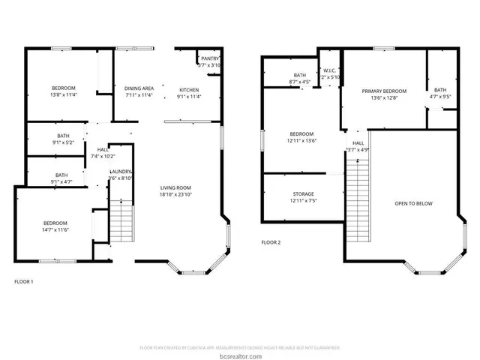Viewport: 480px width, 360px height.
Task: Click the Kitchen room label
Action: click(x=187, y=92)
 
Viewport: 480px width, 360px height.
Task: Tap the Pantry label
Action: click(x=209, y=61)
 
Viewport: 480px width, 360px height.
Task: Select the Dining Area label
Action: click(x=139, y=92)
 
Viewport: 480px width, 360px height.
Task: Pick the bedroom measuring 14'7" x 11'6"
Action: click(x=55, y=227)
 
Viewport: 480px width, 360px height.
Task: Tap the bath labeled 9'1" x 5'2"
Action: click(x=55, y=139)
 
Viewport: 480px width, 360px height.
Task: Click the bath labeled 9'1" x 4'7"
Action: click(x=55, y=178)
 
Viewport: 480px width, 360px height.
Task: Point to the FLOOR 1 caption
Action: click(x=24, y=281)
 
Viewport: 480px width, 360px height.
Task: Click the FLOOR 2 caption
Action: click(x=271, y=242)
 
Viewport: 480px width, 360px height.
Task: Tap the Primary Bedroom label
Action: click(x=383, y=94)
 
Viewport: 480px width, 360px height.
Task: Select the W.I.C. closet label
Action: click(x=330, y=73)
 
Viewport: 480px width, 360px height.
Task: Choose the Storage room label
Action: click(x=302, y=198)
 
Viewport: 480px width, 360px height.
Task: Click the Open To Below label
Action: click(x=414, y=203)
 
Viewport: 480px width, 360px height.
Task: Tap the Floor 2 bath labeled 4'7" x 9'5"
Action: click(x=439, y=92)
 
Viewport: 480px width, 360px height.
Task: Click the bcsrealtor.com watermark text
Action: click(x=240, y=355)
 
